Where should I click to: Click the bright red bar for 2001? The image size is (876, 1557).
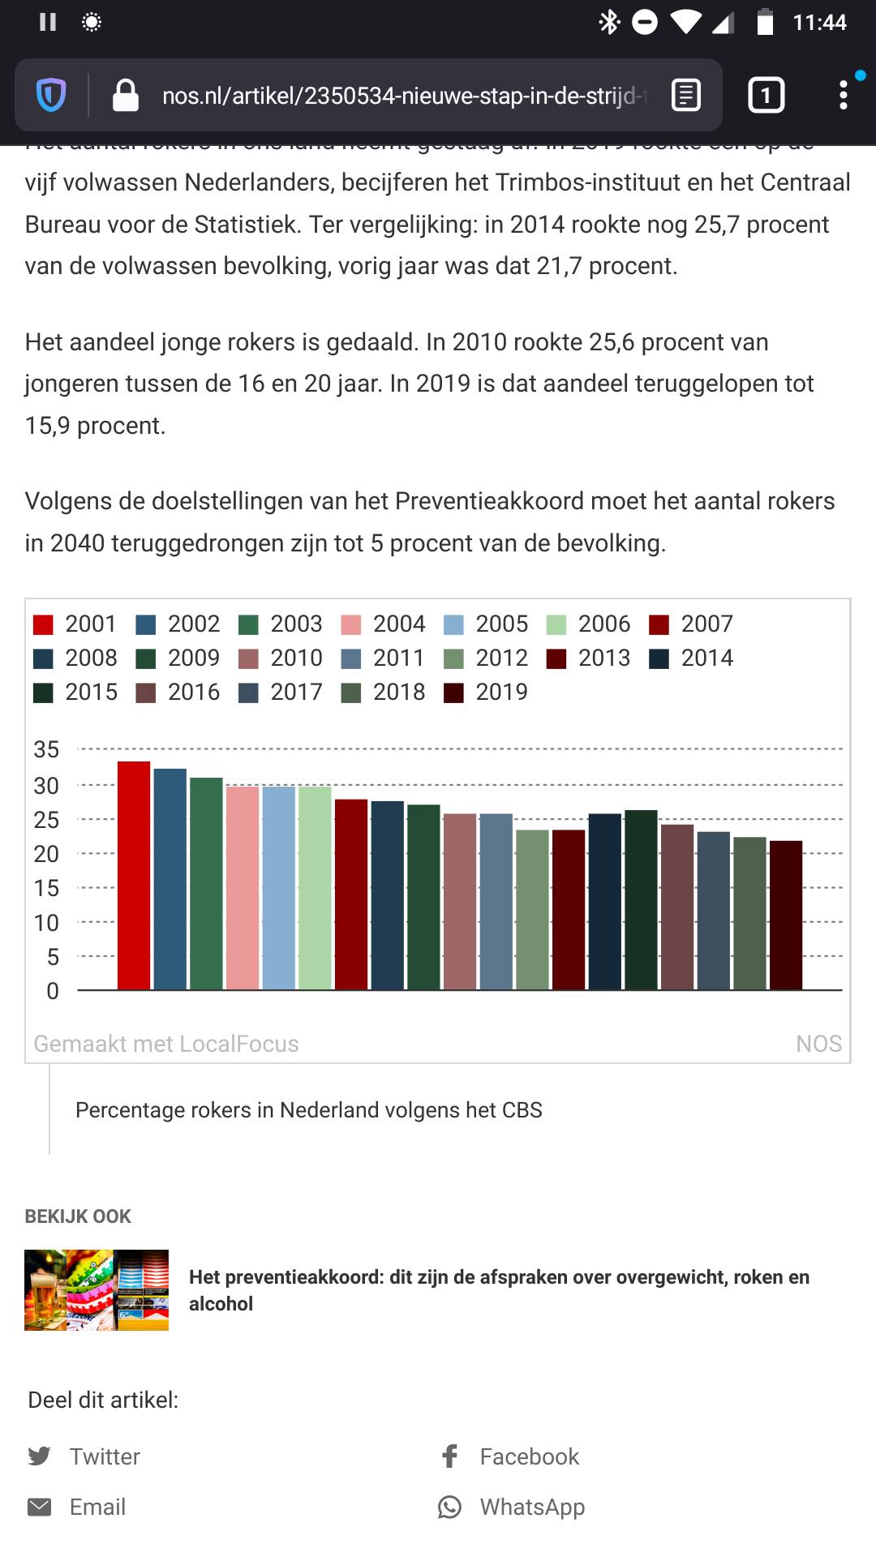pos(134,876)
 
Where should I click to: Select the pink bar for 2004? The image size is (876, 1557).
pos(243,888)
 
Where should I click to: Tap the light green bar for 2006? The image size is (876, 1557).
pos(315,888)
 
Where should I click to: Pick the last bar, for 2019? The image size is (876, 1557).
pos(785,915)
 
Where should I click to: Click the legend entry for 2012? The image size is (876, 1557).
pos(487,658)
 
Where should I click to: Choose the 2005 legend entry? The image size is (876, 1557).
pos(487,624)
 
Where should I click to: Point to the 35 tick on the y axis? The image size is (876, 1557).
pos(46,749)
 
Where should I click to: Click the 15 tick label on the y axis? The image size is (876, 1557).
pos(46,888)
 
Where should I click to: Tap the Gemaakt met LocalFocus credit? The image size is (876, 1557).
pos(166,1044)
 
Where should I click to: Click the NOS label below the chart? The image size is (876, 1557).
pos(818,1044)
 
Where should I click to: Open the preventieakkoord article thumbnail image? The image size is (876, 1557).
pos(97,1289)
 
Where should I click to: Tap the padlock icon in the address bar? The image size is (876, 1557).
pos(126,96)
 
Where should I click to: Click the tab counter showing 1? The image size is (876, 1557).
pos(765,96)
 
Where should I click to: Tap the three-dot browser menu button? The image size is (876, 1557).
pos(844,96)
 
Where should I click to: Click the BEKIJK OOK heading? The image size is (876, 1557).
pos(78,1216)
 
